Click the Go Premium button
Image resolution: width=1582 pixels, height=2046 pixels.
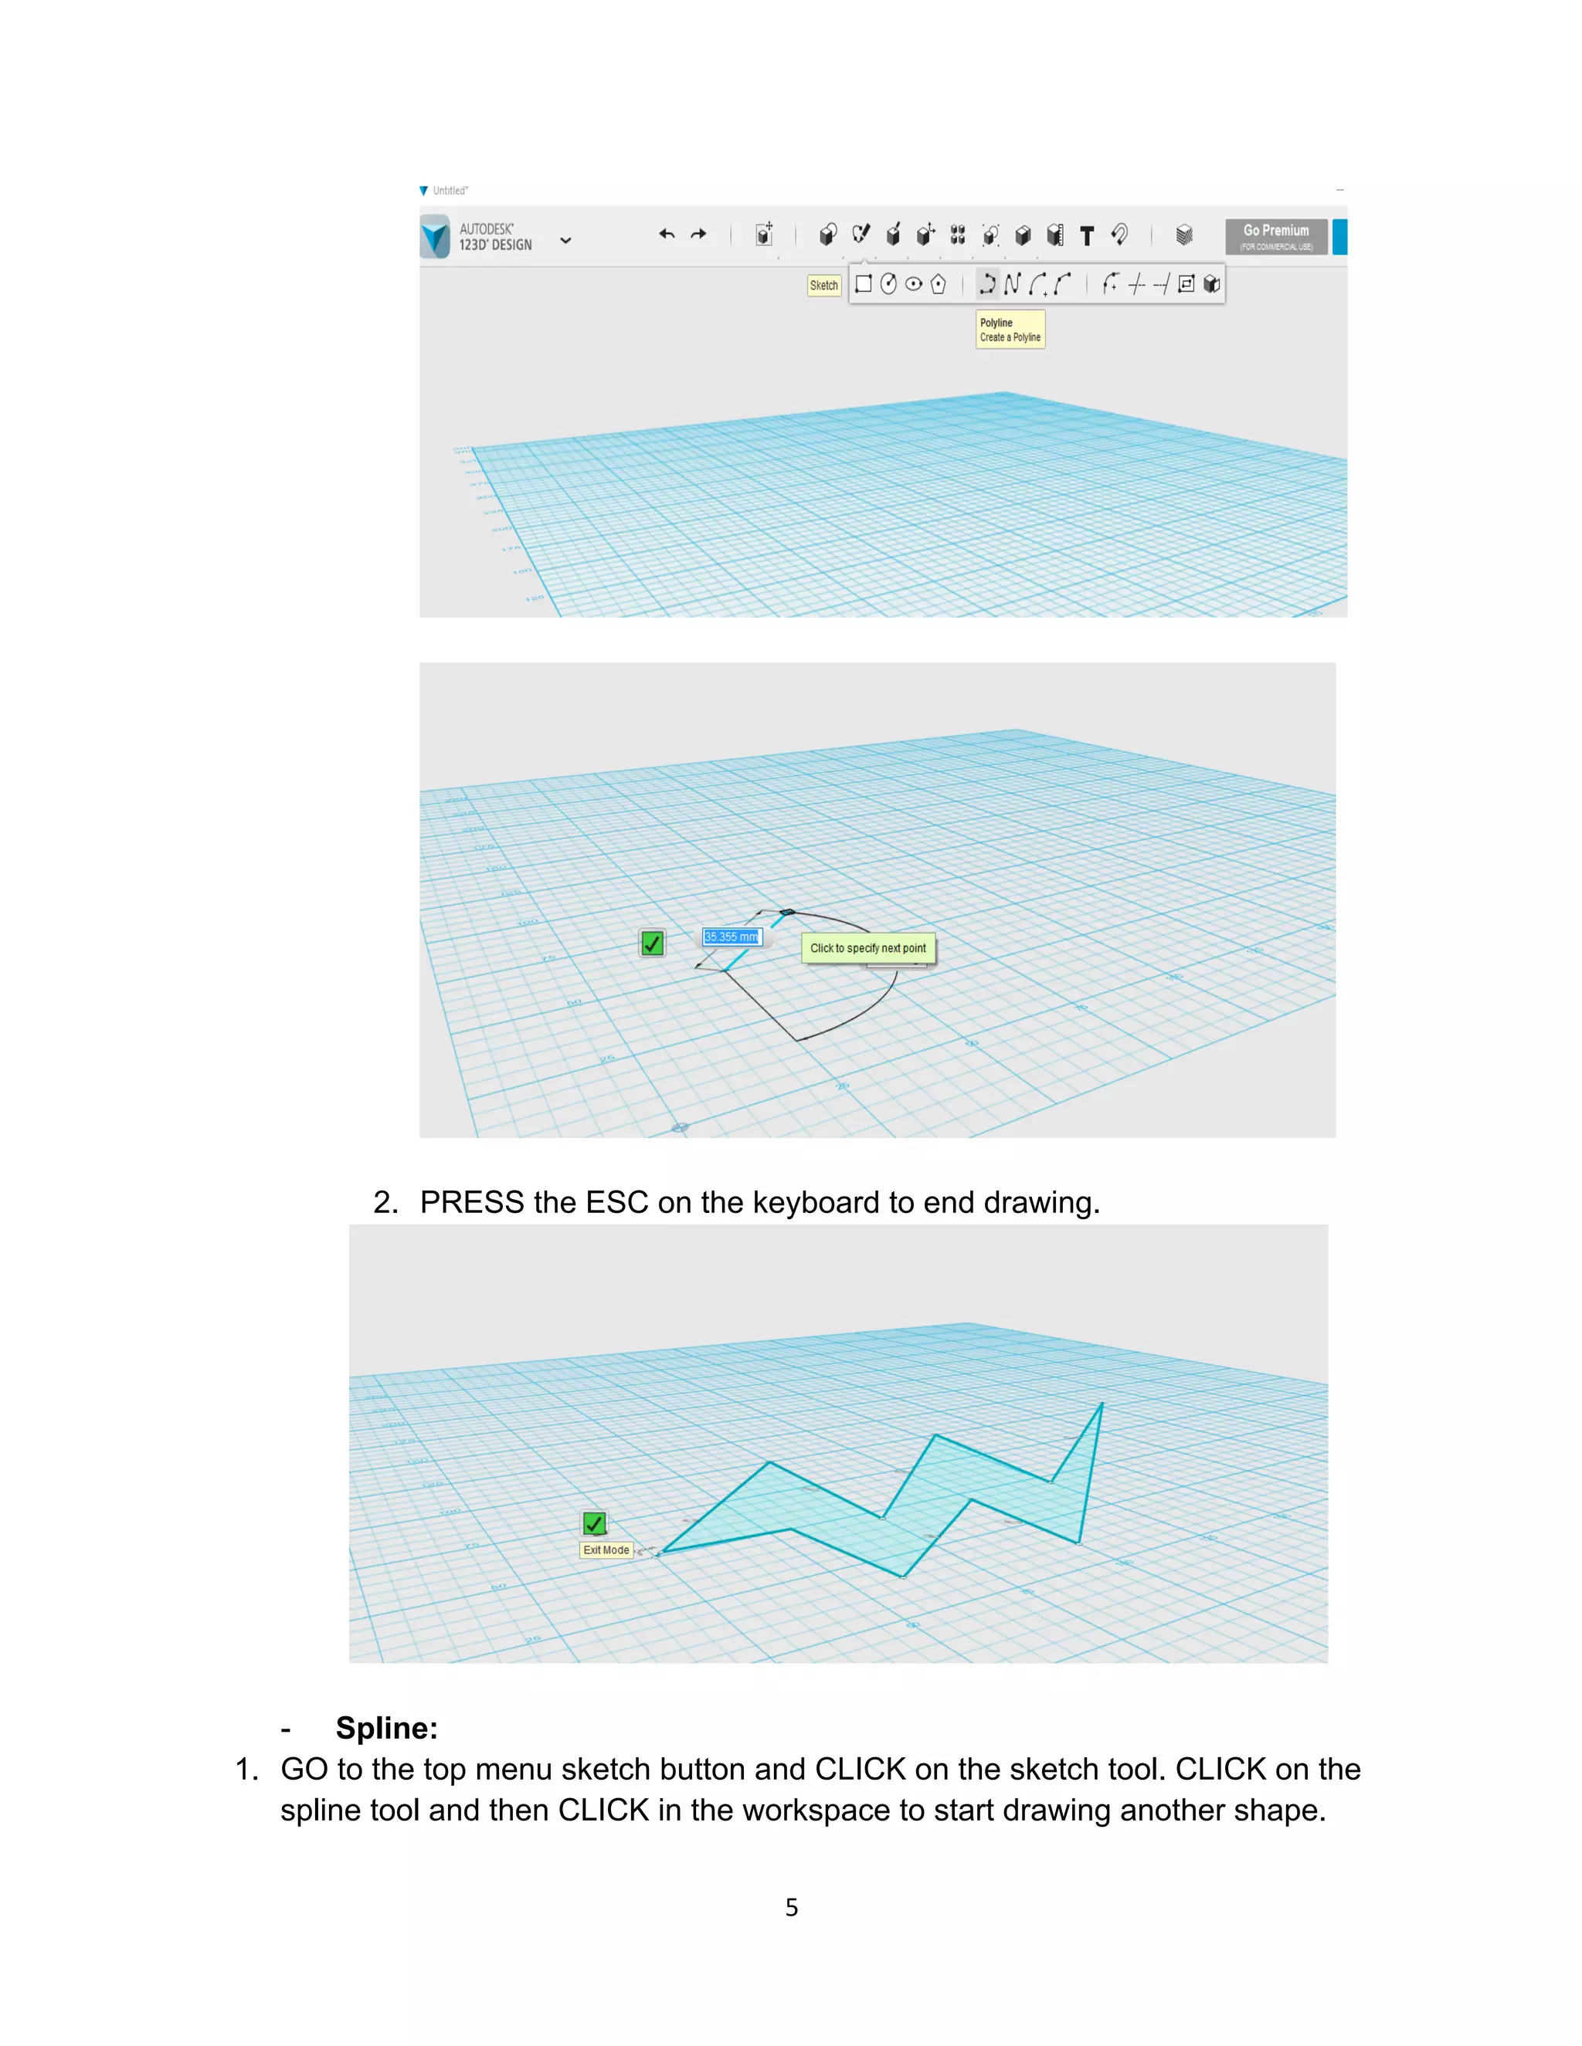pos(1275,236)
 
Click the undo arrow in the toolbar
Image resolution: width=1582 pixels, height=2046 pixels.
pos(667,234)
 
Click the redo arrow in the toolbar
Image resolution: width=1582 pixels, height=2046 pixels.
pos(698,234)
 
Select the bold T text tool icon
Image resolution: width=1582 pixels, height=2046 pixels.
pos(1086,236)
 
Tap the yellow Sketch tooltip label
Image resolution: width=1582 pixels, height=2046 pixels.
pos(823,286)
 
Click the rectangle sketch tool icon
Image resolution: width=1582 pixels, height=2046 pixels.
pos(863,284)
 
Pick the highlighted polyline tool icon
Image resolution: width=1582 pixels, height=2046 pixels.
pos(987,284)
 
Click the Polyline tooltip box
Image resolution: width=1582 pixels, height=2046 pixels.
pos(1010,330)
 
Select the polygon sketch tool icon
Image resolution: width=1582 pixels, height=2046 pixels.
pos(938,284)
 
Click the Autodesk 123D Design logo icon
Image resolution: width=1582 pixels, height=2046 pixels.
pos(435,236)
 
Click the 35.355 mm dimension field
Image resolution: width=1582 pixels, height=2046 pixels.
pos(732,937)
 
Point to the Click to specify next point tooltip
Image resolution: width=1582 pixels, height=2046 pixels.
pos(867,948)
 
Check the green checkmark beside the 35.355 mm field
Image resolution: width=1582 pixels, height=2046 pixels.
pos(652,943)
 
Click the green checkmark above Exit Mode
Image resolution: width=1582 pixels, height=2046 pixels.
pos(594,1524)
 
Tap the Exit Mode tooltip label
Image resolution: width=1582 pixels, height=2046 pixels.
pos(606,1550)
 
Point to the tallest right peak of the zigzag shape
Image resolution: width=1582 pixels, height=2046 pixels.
pos(1102,1404)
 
